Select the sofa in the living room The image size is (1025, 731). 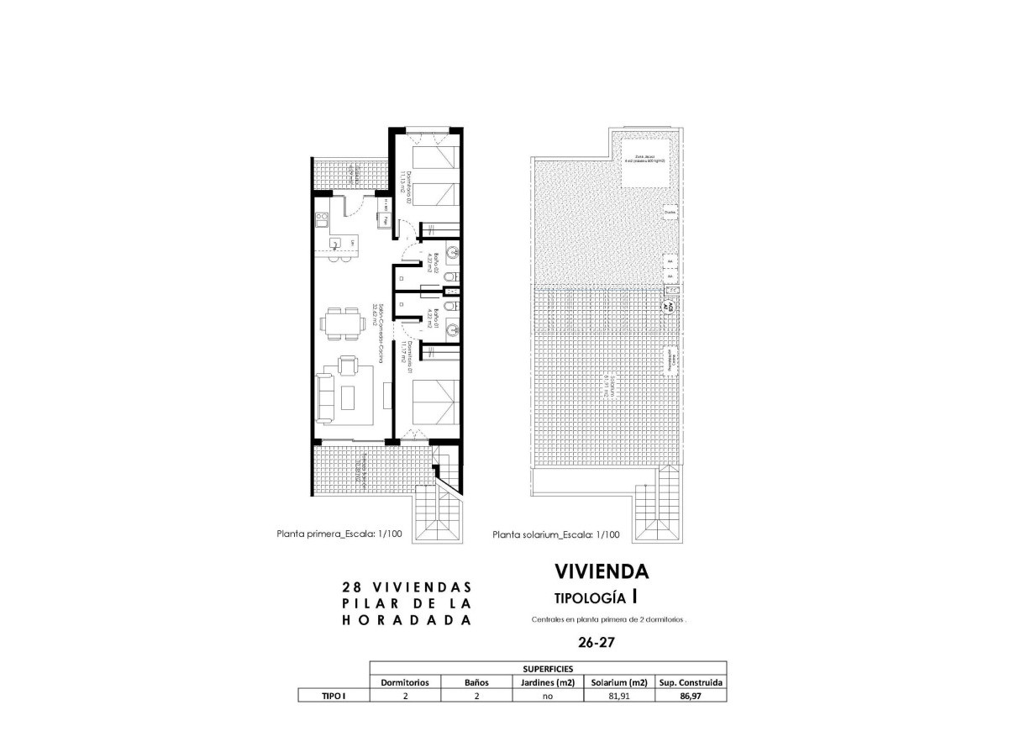click(327, 399)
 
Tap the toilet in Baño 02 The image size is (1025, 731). click(451, 276)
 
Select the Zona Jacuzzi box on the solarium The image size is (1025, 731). click(645, 160)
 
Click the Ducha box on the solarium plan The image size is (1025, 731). click(670, 213)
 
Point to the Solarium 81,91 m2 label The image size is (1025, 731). click(609, 385)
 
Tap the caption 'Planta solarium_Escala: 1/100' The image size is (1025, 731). click(556, 534)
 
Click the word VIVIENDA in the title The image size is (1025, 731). click(602, 571)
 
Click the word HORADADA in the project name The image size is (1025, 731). click(407, 620)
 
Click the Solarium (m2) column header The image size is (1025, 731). click(619, 682)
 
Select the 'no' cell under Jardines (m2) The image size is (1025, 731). click(547, 696)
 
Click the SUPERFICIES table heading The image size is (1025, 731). click(547, 669)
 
